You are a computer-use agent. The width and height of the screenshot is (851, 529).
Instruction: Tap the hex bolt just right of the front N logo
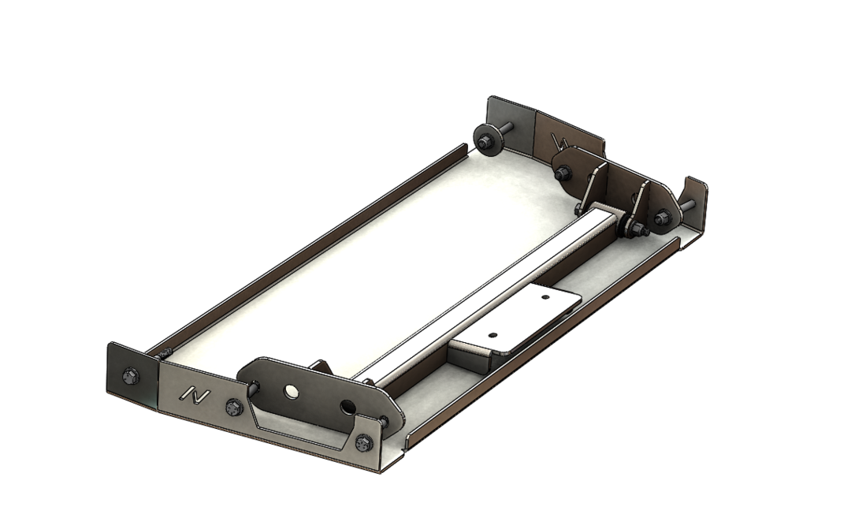coord(233,408)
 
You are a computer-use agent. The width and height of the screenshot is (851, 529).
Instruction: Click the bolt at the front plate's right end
coord(363,443)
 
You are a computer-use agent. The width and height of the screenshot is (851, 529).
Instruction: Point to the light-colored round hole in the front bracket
coord(292,391)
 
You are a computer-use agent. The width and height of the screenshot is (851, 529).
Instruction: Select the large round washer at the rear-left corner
coord(485,140)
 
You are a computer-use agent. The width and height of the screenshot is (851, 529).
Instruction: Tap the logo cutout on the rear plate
coord(560,142)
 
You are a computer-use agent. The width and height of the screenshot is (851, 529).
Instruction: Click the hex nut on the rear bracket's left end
coord(563,172)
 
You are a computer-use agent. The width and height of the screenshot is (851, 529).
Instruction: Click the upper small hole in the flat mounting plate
coord(544,297)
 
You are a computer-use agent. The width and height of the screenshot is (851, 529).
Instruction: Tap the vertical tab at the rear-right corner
coord(693,201)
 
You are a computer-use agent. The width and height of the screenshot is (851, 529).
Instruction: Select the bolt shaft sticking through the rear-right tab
coord(689,205)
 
